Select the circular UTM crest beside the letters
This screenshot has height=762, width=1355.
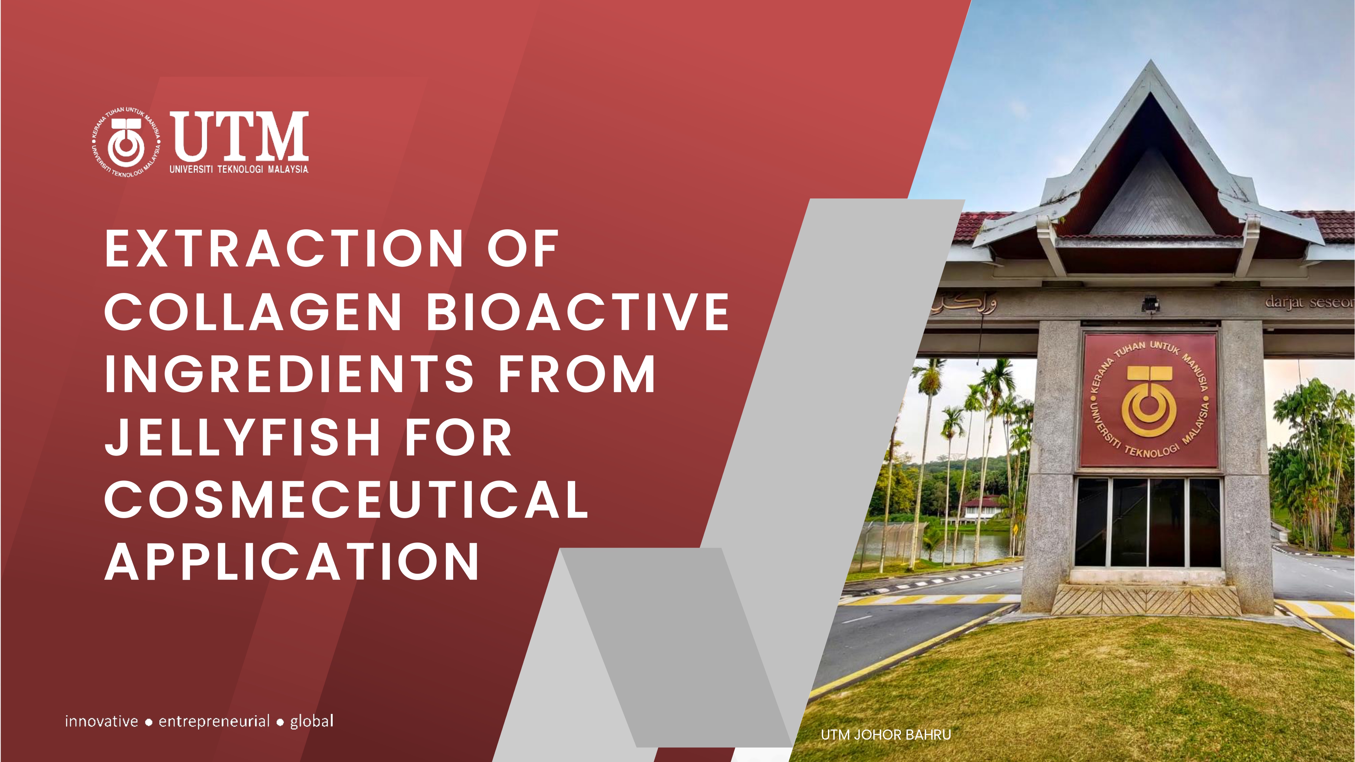click(x=126, y=143)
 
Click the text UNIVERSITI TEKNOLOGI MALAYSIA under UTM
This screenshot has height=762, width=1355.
click(x=239, y=169)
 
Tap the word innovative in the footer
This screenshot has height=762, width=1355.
click(x=102, y=721)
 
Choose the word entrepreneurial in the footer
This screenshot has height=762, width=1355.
click(x=214, y=721)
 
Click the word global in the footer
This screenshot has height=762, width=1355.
click(x=312, y=721)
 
